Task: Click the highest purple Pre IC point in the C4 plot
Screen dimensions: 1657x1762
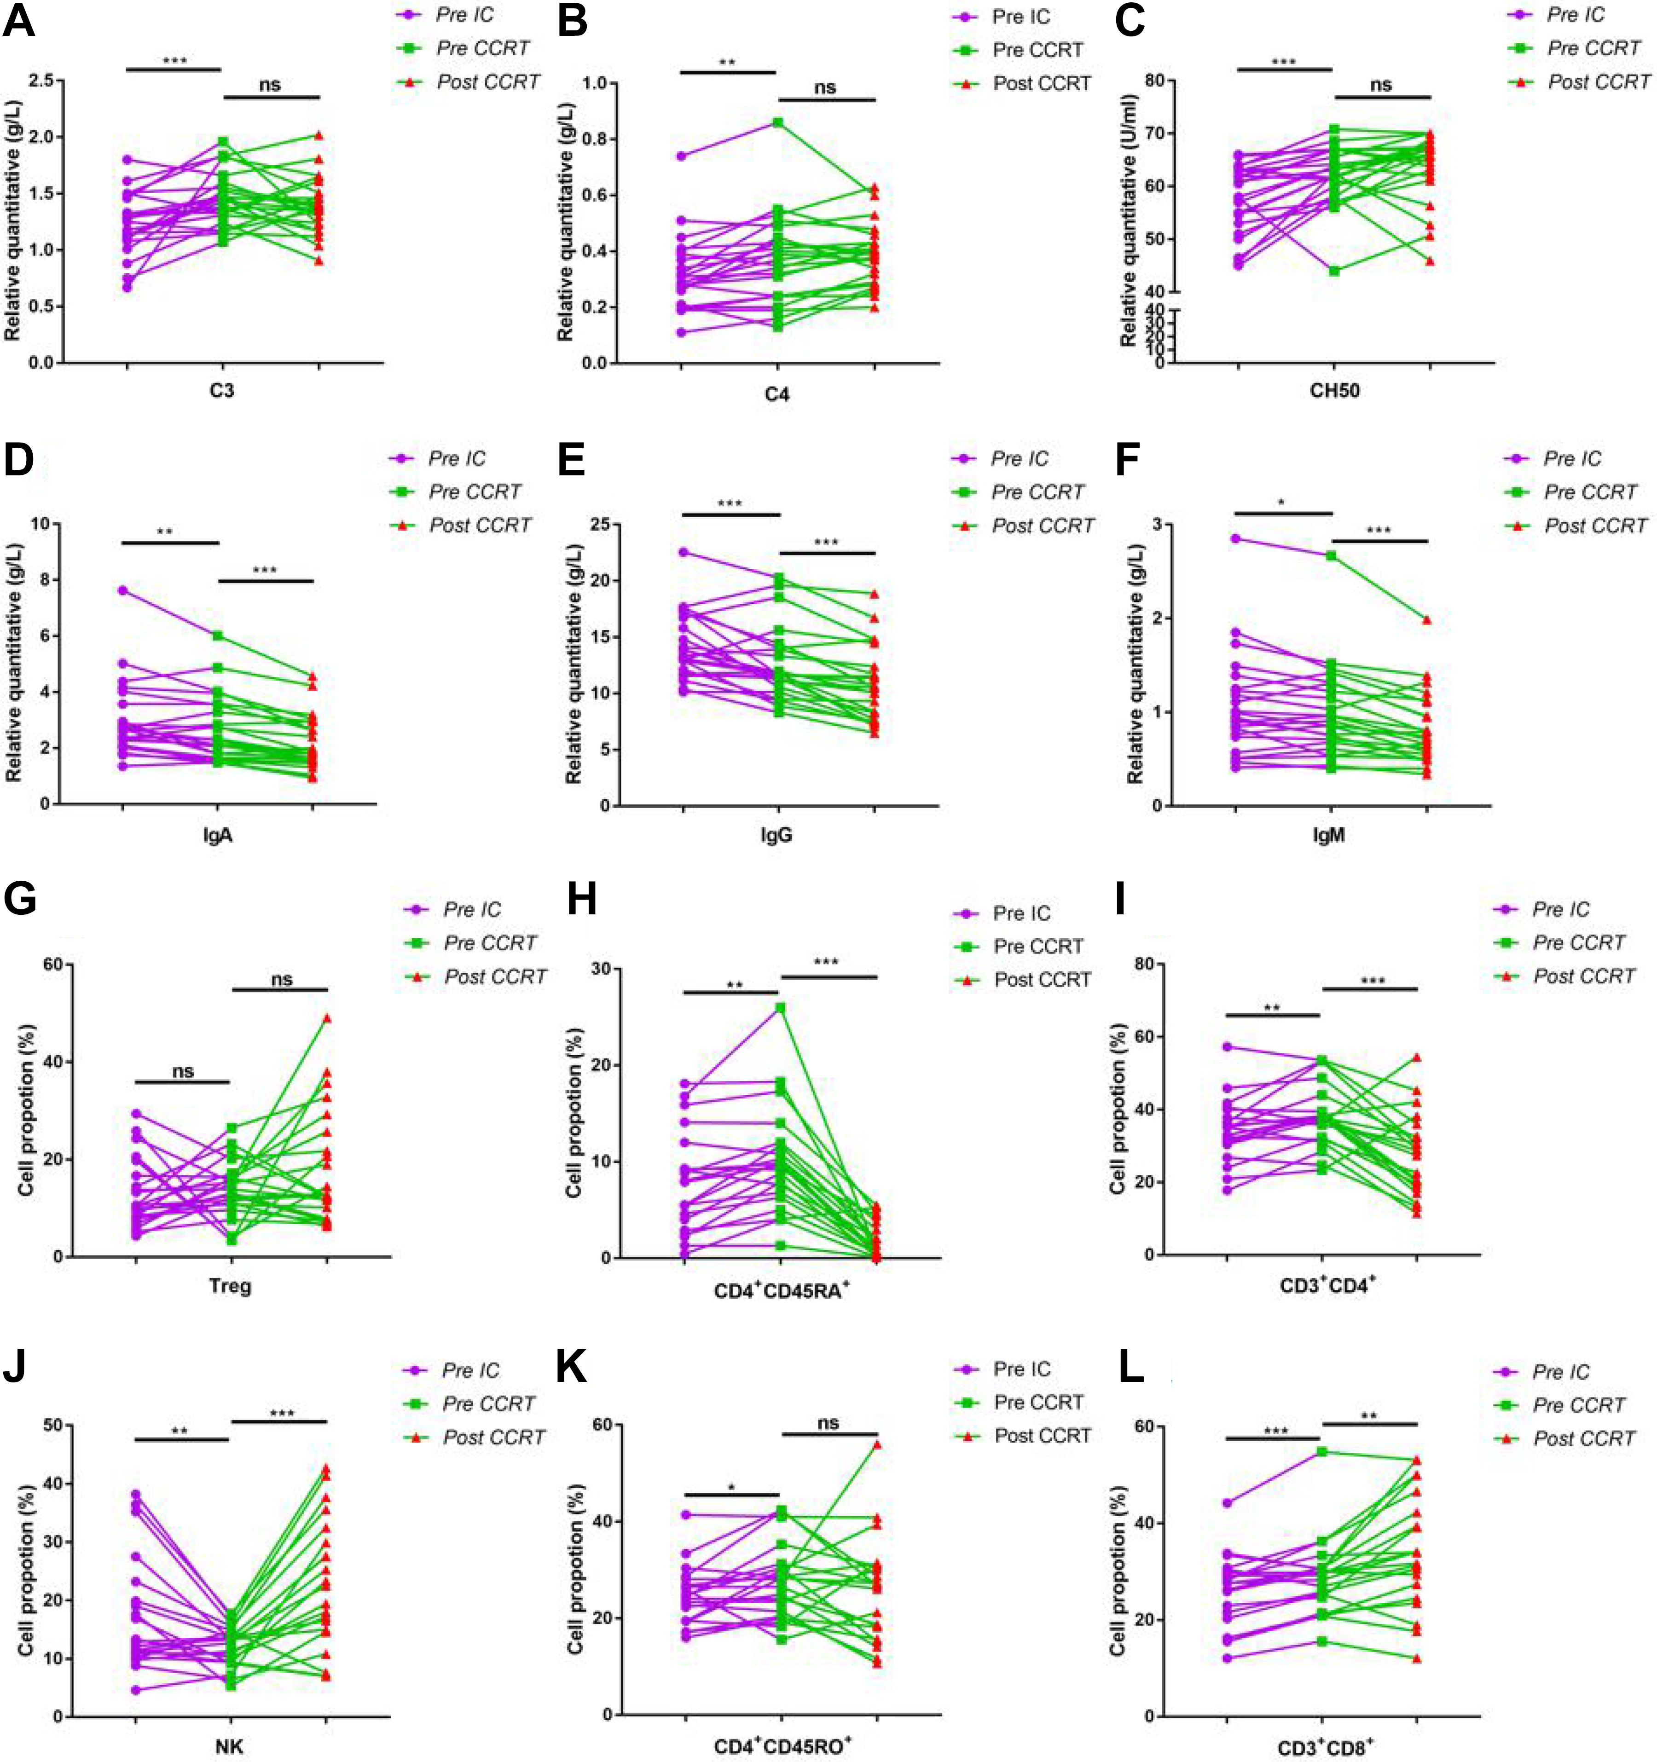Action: click(681, 156)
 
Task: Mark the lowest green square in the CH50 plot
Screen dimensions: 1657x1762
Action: click(1333, 271)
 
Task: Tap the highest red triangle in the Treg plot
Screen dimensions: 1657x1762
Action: click(327, 1018)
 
